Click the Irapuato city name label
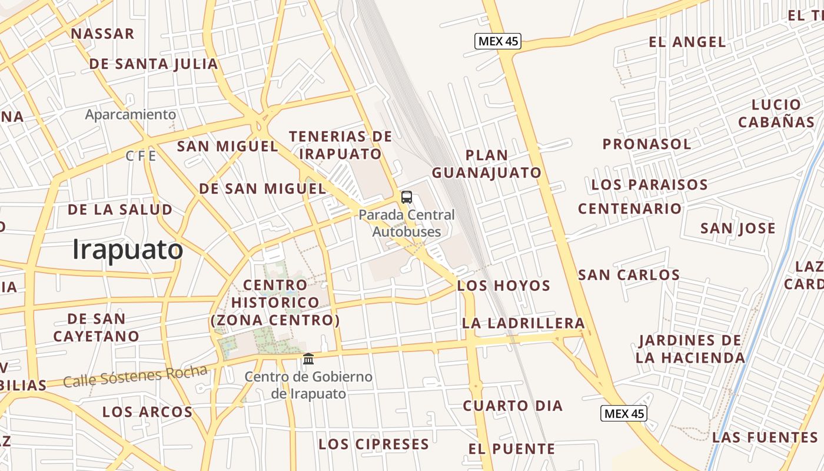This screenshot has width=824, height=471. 127,250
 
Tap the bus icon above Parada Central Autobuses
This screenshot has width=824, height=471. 407,197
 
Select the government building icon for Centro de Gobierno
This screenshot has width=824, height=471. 308,359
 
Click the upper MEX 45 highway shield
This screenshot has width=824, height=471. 498,41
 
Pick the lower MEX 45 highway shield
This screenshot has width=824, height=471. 624,413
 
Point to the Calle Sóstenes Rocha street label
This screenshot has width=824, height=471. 135,376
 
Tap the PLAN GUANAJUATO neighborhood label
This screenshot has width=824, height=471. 487,164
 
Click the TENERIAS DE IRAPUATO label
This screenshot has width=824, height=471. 341,145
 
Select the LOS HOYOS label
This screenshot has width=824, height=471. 503,286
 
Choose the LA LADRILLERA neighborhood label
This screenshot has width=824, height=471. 523,323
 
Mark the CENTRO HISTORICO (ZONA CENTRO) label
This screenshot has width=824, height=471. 275,303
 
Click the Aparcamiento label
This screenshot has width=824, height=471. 131,114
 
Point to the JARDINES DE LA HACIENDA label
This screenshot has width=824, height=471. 690,349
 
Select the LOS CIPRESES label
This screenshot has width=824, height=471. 374,444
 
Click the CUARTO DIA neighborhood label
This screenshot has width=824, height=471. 513,406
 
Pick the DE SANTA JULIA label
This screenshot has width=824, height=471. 154,64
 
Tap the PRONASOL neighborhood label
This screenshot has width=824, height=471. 646,144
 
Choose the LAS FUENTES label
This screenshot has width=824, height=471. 765,437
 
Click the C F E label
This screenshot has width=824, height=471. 141,156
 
